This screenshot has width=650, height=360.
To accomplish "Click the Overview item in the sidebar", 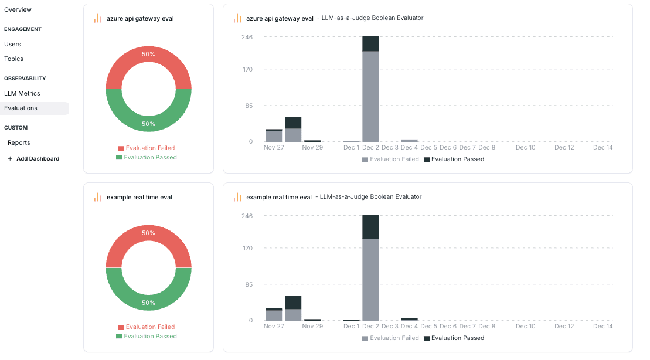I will (18, 10).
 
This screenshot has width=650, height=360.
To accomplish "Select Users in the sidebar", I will (12, 44).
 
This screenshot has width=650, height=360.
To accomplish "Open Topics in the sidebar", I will (13, 59).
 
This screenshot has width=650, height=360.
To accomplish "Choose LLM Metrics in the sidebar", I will (22, 93).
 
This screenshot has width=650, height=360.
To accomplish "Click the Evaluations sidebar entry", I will (21, 108).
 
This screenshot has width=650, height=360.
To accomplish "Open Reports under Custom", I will (19, 142).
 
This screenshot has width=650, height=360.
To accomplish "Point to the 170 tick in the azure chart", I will (247, 70).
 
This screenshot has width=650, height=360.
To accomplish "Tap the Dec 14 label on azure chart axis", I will (603, 148).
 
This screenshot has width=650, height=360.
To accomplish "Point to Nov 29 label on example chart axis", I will (312, 327).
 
